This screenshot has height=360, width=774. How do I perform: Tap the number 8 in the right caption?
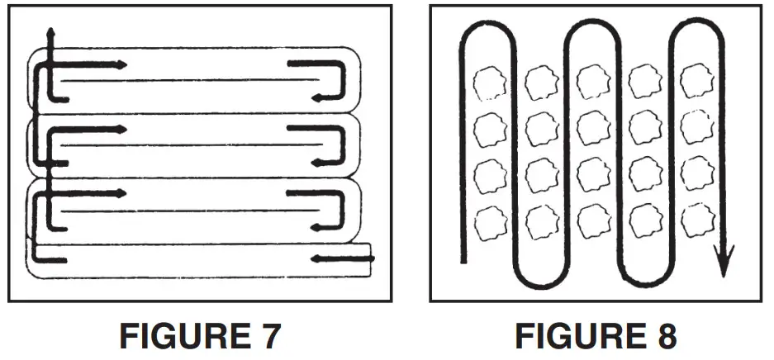tap(662, 337)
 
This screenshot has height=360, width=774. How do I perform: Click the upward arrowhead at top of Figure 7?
tap(50, 35)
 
